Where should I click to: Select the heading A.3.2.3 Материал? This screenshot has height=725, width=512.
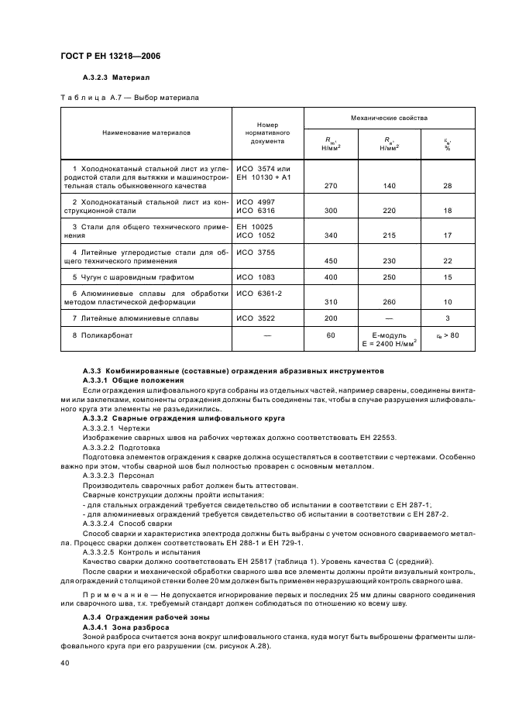[x=115, y=78]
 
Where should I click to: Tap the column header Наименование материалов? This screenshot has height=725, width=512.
[x=146, y=132]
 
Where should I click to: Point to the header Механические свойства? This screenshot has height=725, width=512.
[x=388, y=118]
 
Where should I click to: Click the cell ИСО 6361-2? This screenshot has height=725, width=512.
[x=259, y=293]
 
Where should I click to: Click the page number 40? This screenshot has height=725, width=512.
[x=65, y=663]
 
